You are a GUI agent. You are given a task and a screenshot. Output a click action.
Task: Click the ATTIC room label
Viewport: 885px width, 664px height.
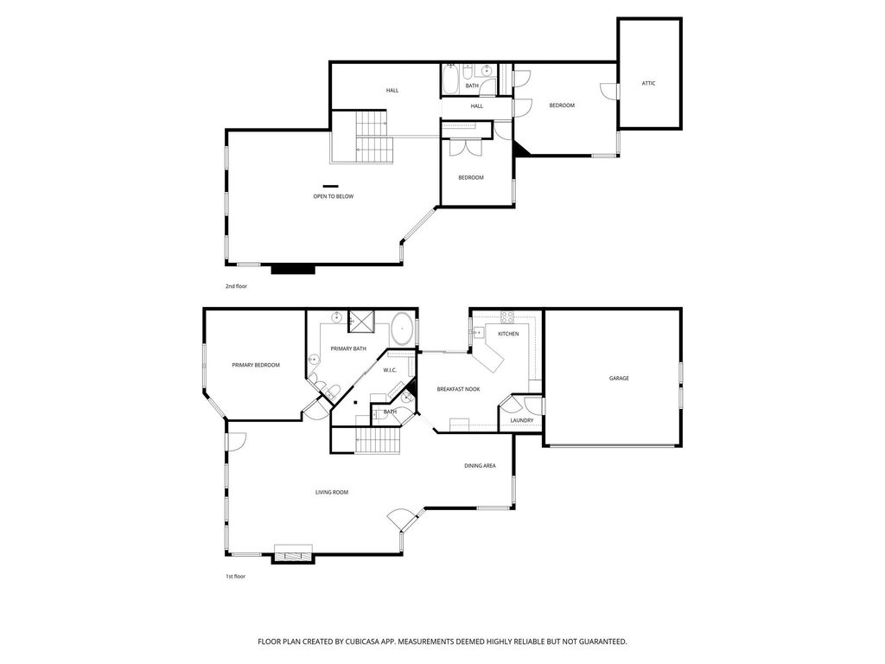pyautogui.click(x=648, y=84)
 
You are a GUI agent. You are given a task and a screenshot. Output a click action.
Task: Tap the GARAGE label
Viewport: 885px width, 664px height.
pyautogui.click(x=619, y=379)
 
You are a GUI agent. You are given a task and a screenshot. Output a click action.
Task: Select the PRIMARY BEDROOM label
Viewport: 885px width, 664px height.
pyautogui.click(x=256, y=366)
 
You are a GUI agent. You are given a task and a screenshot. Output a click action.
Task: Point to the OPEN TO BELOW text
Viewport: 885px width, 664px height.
pyautogui.click(x=333, y=196)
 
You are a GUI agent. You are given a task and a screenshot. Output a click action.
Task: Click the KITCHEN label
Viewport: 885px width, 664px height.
pyautogui.click(x=508, y=335)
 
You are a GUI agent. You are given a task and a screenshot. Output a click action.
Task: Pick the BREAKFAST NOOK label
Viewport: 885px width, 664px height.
pyautogui.click(x=458, y=390)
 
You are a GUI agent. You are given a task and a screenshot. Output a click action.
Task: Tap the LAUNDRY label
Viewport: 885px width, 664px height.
pyautogui.click(x=521, y=421)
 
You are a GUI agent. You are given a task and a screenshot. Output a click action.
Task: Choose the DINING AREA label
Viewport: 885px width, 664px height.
pyautogui.click(x=480, y=466)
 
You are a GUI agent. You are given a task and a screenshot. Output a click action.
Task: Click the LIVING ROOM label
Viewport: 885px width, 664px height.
pyautogui.click(x=331, y=492)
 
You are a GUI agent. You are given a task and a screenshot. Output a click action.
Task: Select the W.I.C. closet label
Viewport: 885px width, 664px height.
pyautogui.click(x=390, y=370)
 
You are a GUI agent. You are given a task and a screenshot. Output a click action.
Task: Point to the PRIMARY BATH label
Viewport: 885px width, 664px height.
pyautogui.click(x=348, y=349)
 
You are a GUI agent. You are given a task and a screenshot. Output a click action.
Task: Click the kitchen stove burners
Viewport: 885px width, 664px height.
pyautogui.click(x=506, y=316)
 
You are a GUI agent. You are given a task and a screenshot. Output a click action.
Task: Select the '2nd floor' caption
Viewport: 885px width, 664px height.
pyautogui.click(x=236, y=286)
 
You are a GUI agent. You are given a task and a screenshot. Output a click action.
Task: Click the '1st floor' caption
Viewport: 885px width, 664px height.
pyautogui.click(x=235, y=577)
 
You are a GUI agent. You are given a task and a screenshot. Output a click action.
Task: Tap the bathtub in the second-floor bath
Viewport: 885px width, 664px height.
pyautogui.click(x=450, y=80)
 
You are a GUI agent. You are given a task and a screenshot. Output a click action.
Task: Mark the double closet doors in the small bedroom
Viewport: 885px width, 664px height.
pyautogui.click(x=465, y=147)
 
